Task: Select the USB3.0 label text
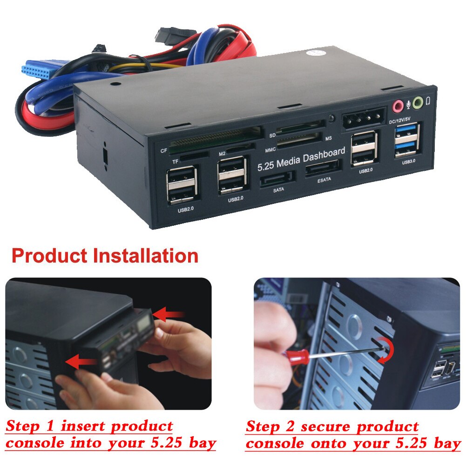pyautogui.click(x=408, y=162)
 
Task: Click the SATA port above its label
pyautogui.click(x=278, y=178)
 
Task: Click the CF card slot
pyautogui.click(x=214, y=139)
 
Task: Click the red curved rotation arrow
pyautogui.click(x=386, y=350)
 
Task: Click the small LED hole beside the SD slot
pyautogui.click(x=331, y=119)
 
